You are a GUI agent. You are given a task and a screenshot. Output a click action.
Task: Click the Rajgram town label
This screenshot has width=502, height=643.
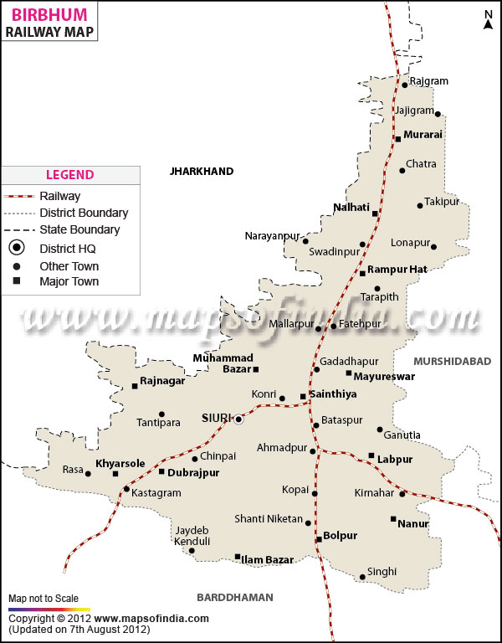tap(429, 81)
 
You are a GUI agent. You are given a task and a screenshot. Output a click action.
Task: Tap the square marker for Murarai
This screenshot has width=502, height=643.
tap(398, 139)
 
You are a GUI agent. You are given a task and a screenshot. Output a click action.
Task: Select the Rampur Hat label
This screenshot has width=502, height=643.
tap(397, 270)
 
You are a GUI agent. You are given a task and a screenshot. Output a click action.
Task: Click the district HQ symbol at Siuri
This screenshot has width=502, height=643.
tap(238, 419)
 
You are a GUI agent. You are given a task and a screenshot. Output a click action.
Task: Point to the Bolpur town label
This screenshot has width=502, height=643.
tap(341, 535)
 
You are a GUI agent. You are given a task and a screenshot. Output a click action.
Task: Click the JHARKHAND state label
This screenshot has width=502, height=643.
tap(202, 171)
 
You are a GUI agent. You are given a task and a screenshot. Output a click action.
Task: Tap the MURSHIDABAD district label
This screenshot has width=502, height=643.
tap(452, 361)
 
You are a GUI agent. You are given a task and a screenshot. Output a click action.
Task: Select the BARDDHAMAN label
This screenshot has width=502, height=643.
tap(235, 597)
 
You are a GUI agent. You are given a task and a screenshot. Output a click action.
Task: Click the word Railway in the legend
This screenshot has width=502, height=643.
tap(60, 196)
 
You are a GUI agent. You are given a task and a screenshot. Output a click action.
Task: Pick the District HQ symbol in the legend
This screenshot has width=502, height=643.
tap(18, 248)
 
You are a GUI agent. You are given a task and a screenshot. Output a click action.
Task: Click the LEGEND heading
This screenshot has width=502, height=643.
tap(69, 175)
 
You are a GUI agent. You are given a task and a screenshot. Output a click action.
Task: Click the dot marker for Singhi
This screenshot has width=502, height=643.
tap(362, 576)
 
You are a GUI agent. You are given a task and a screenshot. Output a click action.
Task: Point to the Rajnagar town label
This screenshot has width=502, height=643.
tap(163, 381)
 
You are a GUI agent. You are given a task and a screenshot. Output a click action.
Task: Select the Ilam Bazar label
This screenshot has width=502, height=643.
tap(268, 559)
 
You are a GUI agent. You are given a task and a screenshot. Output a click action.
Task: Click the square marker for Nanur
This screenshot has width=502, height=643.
tap(393, 519)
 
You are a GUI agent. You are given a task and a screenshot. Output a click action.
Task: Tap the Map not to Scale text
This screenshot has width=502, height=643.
tap(44, 599)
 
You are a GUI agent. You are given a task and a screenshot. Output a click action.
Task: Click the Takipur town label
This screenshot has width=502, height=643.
tap(442, 202)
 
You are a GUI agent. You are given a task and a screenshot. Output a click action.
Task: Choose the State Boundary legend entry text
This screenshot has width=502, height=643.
tap(79, 229)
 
